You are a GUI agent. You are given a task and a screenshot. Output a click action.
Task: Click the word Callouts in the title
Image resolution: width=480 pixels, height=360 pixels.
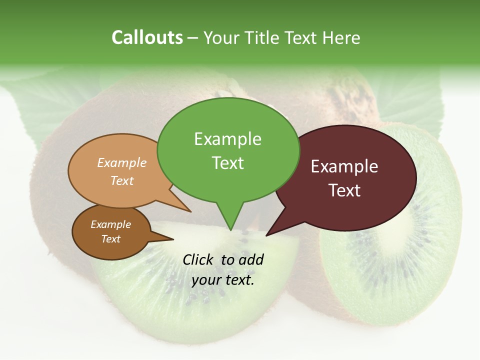[147, 37]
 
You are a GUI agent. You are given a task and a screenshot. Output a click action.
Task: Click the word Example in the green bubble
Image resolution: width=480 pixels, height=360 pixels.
[227, 139]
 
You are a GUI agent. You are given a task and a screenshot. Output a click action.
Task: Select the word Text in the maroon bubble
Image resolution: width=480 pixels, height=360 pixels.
[344, 190]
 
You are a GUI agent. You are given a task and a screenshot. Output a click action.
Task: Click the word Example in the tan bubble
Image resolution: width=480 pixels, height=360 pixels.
[121, 162]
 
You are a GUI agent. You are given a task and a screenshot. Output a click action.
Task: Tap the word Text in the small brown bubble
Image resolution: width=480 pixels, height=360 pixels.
[110, 239]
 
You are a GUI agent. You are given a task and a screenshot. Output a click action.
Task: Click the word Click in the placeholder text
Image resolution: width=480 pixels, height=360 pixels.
[199, 259]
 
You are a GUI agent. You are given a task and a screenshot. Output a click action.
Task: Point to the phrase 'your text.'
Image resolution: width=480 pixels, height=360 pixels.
[223, 280]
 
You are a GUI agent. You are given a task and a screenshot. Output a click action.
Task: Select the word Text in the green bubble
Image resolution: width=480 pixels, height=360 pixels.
[227, 163]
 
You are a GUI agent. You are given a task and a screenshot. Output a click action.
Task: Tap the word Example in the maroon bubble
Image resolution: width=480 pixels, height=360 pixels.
[344, 166]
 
